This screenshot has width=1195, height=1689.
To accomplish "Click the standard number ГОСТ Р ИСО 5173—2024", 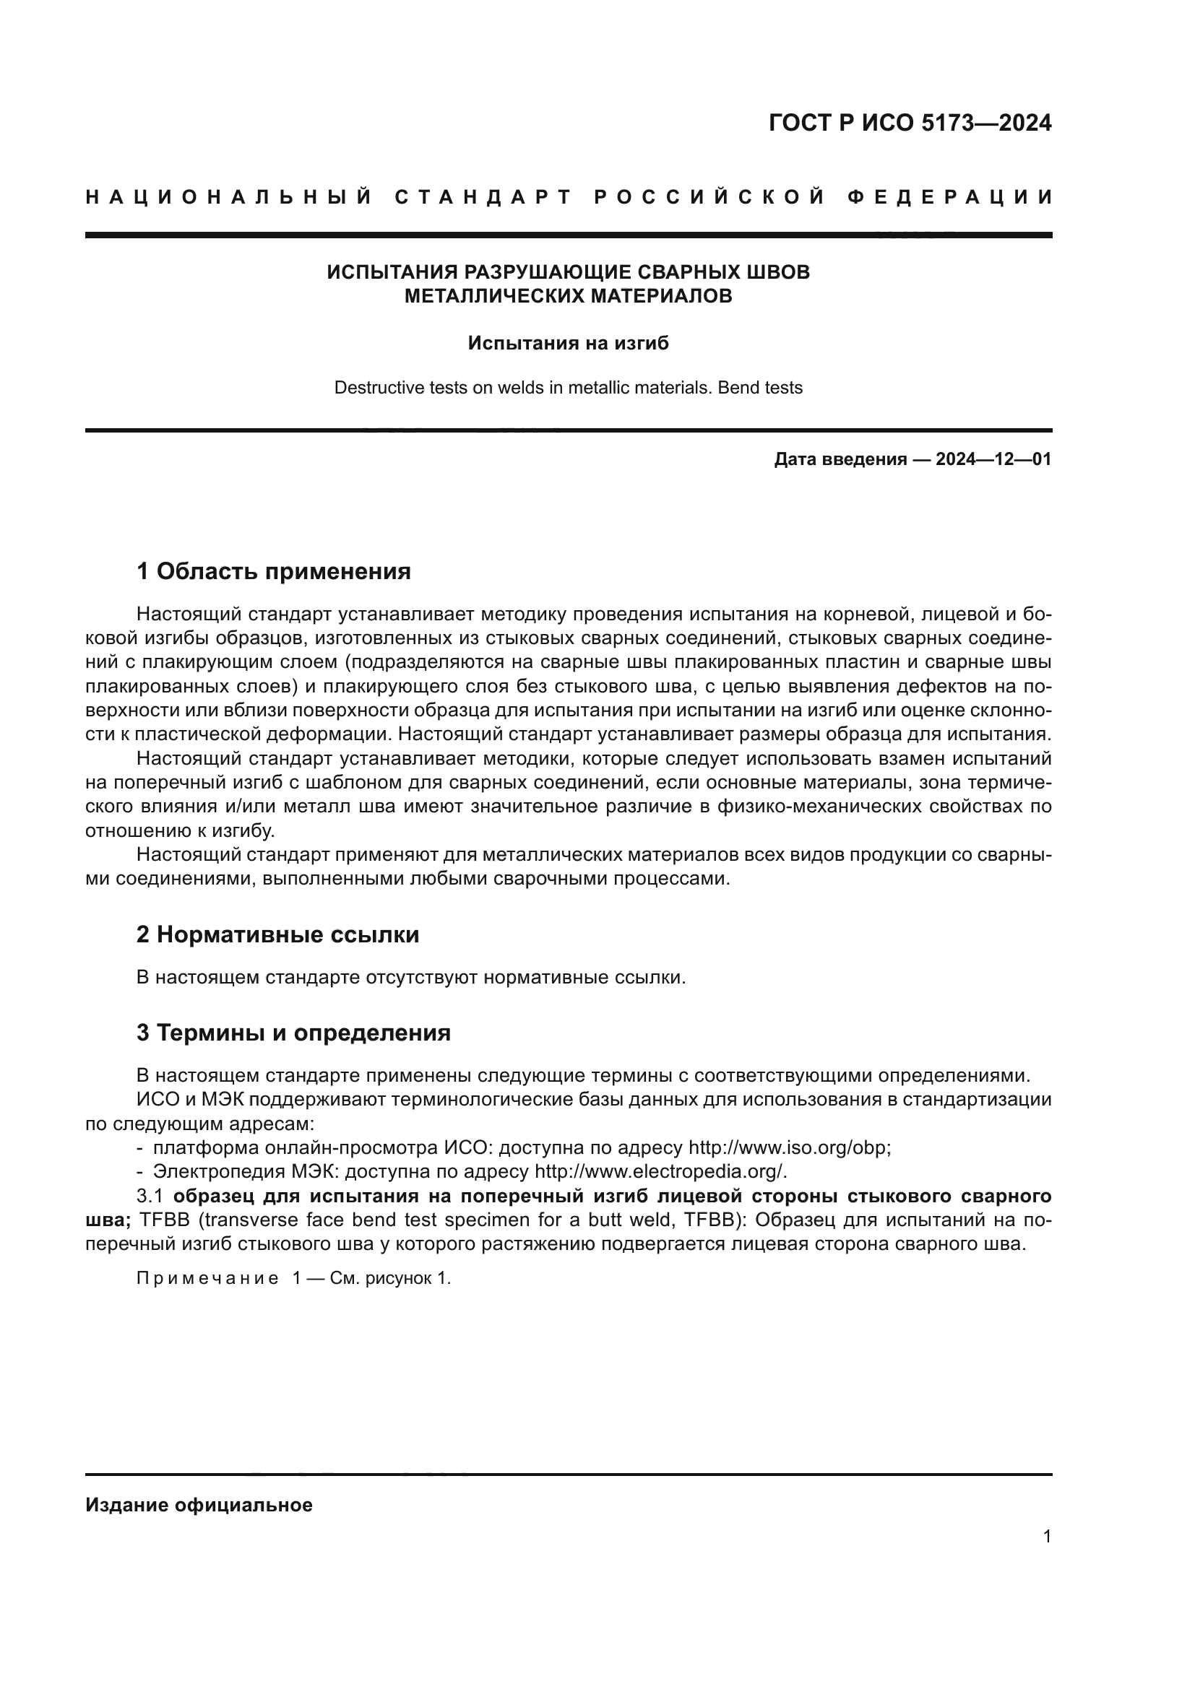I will click(x=910, y=123).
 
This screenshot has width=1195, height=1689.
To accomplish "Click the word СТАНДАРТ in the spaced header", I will click(x=483, y=197).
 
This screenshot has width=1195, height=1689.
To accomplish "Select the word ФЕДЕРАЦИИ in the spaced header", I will click(x=950, y=197).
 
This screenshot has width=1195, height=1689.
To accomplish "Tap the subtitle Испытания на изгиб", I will click(x=568, y=344).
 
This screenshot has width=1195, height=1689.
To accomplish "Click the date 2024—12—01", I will click(x=993, y=460).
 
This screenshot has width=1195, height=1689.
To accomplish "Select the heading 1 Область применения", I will click(x=273, y=571).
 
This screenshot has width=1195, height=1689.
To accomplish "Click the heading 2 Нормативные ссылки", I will click(x=277, y=934).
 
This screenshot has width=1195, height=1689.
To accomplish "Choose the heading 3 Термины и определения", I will click(x=293, y=1033).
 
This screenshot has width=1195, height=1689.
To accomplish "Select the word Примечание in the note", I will click(x=207, y=1279).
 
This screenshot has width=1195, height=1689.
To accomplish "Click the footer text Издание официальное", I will click(x=199, y=1505).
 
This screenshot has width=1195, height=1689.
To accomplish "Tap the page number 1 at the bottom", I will click(x=1046, y=1536).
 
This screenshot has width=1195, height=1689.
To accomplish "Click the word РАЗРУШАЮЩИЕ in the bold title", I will click(x=546, y=272).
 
